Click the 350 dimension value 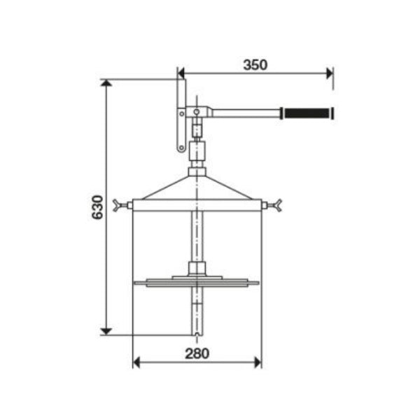pos(255,64)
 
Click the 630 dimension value pos(98,206)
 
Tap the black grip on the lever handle pos(307,113)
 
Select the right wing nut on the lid pos(276,206)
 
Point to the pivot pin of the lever pos(197,112)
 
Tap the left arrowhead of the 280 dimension pos(137,363)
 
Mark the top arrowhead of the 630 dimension pos(106,84)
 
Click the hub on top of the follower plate pos(196,269)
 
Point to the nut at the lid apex pos(197,170)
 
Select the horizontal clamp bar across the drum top pos(197,206)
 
